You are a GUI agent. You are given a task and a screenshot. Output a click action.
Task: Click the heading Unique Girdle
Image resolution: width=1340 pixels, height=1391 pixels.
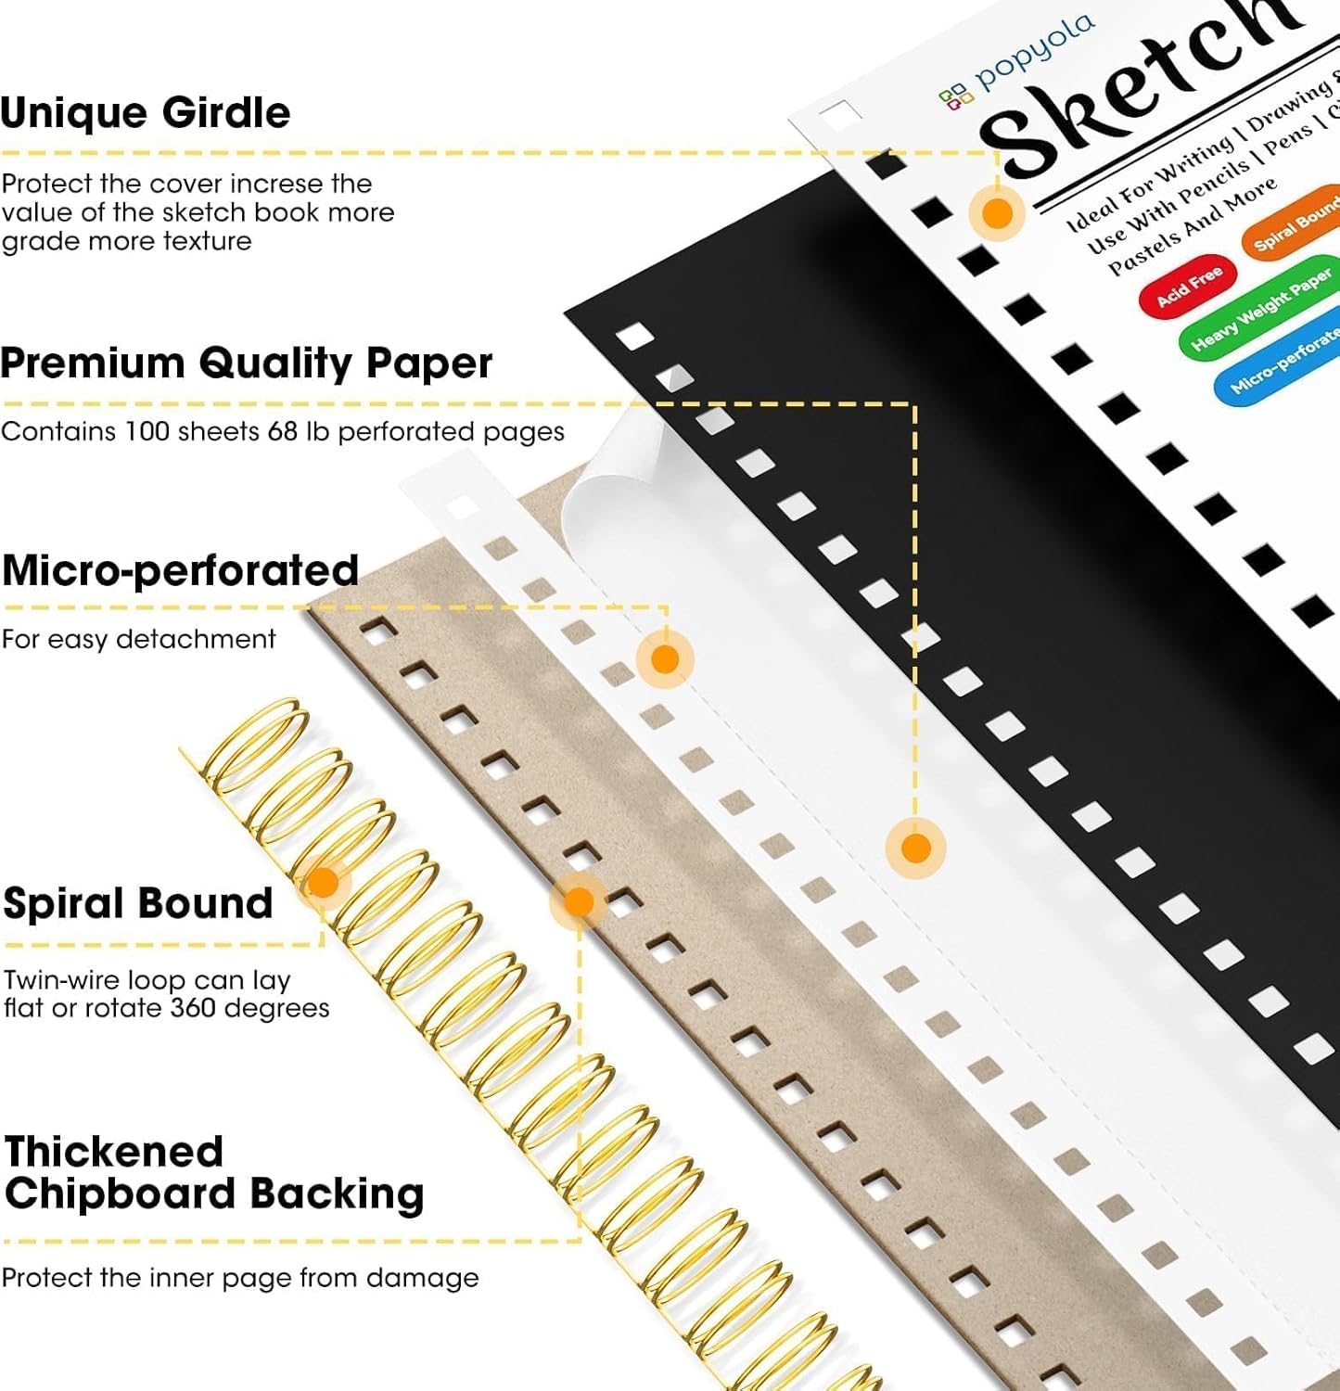point(146,113)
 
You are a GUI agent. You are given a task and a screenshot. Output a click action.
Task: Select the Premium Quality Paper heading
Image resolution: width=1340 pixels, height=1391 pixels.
point(246,363)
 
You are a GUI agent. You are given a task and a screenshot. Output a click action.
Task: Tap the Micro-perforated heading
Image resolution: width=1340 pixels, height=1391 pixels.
point(180,570)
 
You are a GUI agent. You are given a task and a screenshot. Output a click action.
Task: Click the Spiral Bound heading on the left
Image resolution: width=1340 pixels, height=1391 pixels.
point(138,903)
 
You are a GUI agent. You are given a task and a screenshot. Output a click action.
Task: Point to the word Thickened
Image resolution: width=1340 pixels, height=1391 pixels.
point(114,1152)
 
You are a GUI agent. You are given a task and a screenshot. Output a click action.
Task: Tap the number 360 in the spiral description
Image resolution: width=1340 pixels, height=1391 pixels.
point(193,1008)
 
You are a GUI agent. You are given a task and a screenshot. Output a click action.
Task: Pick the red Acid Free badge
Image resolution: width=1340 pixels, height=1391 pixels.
point(1189,287)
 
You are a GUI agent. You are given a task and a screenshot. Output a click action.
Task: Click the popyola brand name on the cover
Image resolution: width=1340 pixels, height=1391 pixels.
point(1034,53)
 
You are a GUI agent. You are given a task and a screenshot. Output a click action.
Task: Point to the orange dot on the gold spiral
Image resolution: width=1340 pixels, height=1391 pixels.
point(323,882)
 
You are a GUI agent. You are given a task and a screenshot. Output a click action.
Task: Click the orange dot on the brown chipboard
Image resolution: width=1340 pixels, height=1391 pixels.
point(579,901)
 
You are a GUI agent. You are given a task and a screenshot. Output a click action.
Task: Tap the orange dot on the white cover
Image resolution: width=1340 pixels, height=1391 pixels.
point(997,213)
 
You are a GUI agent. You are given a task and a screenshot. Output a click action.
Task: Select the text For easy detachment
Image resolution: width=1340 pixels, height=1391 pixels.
point(138,639)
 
